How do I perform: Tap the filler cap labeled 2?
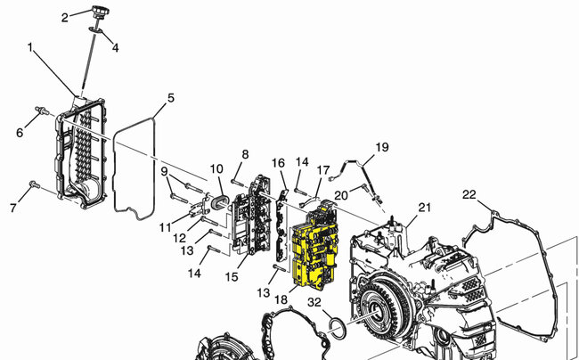click(99, 14)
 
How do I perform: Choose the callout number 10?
click(216, 169)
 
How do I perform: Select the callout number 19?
click(381, 147)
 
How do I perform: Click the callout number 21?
click(425, 209)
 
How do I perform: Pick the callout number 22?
click(469, 194)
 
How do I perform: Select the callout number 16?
click(279, 164)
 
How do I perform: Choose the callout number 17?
click(323, 169)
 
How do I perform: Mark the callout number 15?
click(232, 277)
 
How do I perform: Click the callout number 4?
click(114, 46)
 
